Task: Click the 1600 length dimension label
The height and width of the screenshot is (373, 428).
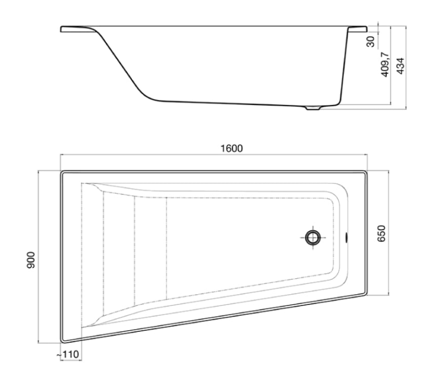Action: [232, 149]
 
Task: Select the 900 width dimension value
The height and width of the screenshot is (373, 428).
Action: [31, 260]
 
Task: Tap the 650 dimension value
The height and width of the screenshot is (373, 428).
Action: [381, 234]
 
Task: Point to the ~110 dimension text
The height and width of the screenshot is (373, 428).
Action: [68, 354]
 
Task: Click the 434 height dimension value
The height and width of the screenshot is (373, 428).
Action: [401, 66]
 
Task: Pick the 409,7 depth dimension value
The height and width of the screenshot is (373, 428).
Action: [385, 64]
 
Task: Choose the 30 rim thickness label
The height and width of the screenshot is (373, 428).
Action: [370, 42]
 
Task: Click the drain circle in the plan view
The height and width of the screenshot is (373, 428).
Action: [313, 238]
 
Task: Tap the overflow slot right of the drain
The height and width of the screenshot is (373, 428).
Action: [346, 237]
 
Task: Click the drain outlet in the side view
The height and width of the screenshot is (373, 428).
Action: [313, 108]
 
